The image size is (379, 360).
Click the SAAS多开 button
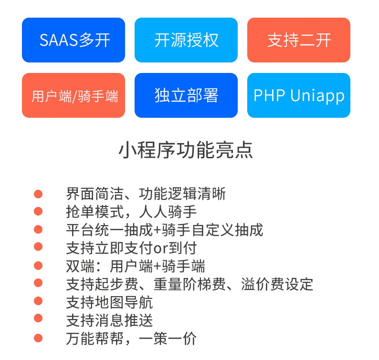point(74,40)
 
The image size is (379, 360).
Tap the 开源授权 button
point(186,40)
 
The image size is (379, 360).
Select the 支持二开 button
point(299,40)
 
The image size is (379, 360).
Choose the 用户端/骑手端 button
point(74,95)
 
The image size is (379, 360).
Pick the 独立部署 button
point(186,95)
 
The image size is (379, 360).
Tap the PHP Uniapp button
point(299,95)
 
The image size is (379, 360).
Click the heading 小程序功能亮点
point(186,150)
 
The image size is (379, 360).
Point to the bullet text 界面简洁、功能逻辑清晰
point(146,194)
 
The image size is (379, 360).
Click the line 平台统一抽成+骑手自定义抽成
point(164,230)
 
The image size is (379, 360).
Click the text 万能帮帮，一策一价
point(131,339)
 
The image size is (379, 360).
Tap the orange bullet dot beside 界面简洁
point(38,194)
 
